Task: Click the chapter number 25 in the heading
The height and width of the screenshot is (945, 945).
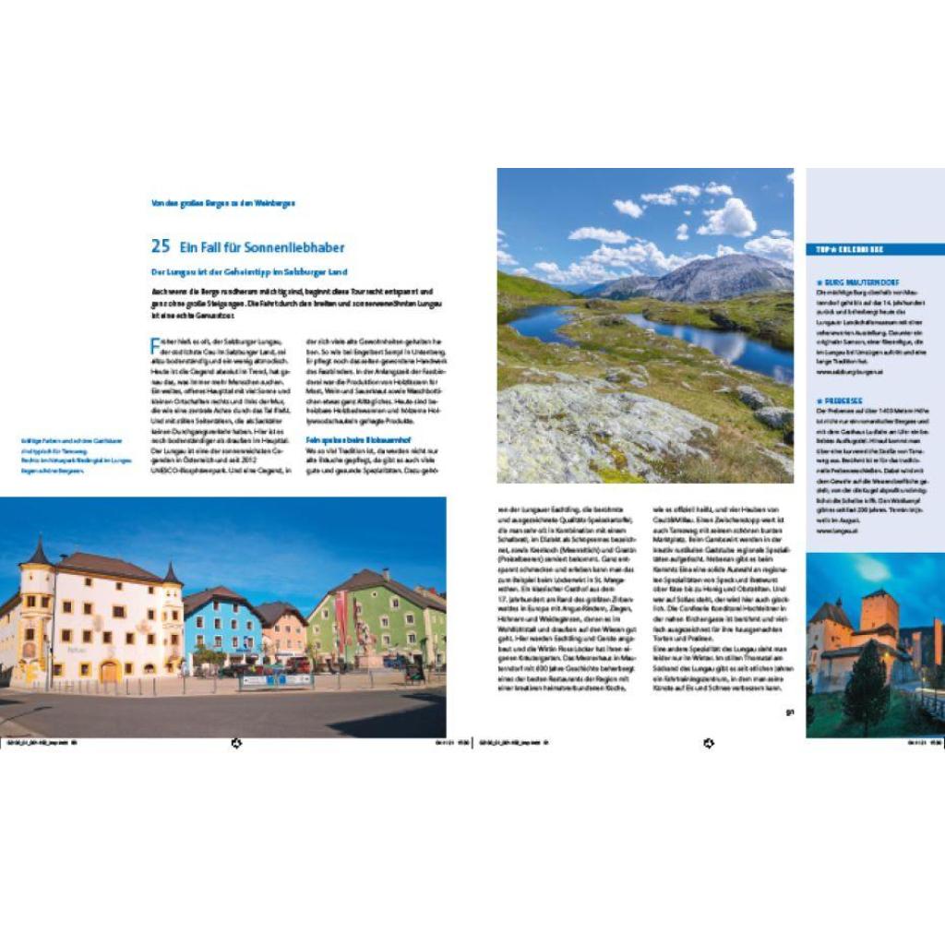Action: pyautogui.click(x=161, y=246)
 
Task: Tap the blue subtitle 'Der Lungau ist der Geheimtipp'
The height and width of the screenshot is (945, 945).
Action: pyautogui.click(x=248, y=272)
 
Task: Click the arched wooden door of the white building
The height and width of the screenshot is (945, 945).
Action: pyautogui.click(x=110, y=671)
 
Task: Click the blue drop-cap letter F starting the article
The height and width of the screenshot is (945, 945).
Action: pyautogui.click(x=155, y=347)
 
